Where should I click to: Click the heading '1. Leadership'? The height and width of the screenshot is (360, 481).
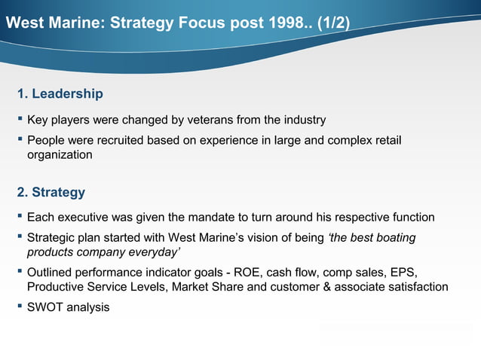(60, 94)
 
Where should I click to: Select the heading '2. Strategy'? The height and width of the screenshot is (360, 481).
(51, 192)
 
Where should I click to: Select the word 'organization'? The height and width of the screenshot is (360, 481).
(60, 155)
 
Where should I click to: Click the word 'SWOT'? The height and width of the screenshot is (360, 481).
(44, 307)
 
